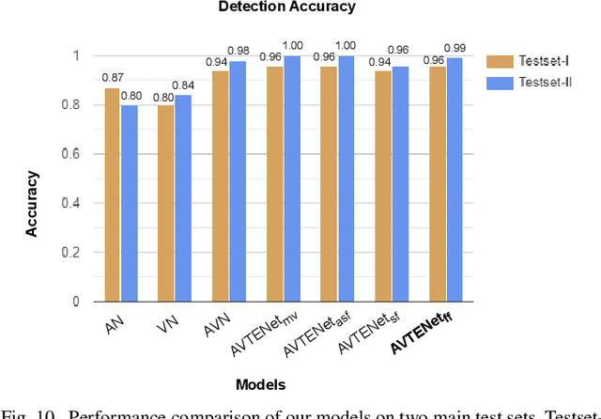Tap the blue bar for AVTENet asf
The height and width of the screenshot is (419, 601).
[x=347, y=178]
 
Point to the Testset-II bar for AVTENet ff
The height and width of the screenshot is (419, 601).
[x=455, y=179]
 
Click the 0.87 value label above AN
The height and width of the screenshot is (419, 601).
[x=111, y=77]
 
